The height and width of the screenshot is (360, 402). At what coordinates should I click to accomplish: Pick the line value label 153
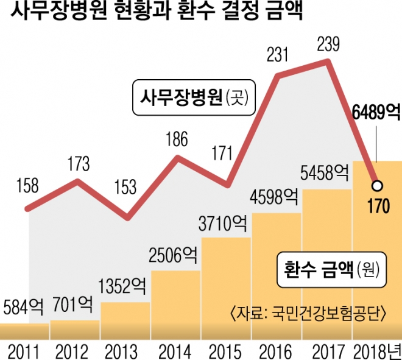(x=127, y=188)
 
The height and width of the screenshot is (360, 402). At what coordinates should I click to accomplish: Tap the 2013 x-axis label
(x=126, y=350)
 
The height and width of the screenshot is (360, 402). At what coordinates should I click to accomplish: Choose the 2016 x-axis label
(x=277, y=350)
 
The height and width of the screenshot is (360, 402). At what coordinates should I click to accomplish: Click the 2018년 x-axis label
(x=377, y=350)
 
